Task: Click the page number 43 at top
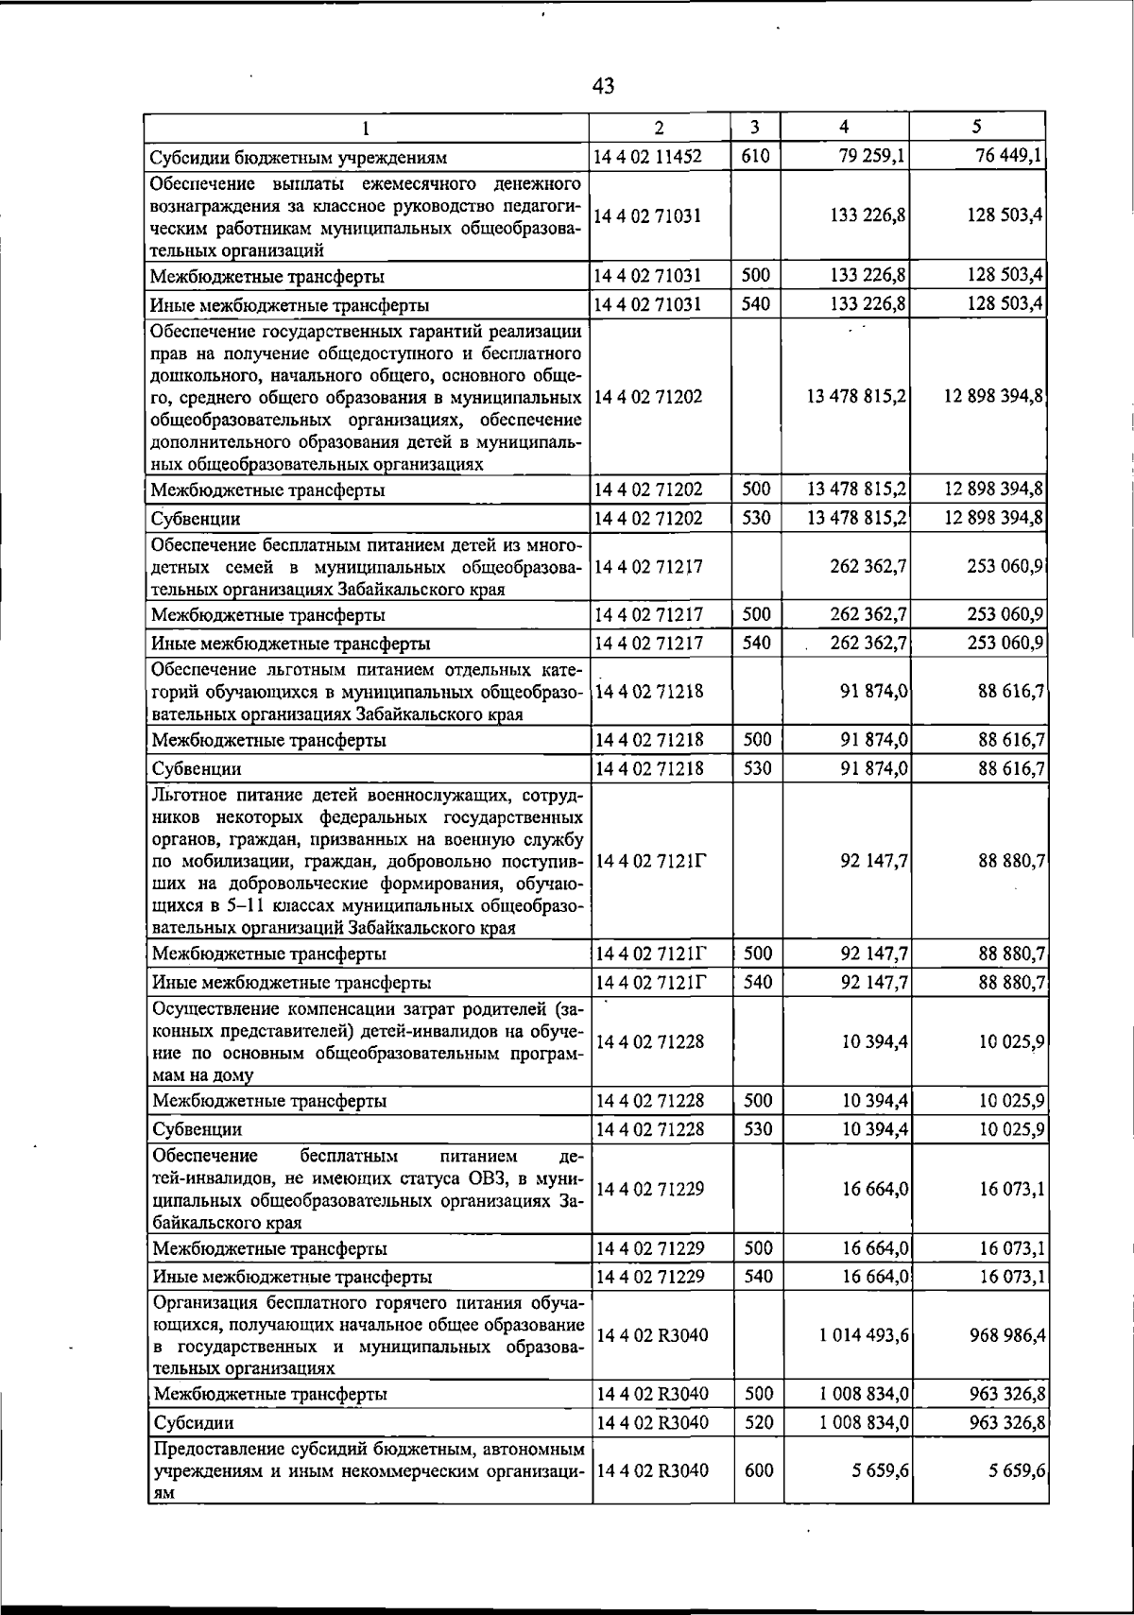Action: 603,87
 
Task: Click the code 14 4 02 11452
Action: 648,157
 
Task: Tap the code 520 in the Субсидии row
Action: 757,1421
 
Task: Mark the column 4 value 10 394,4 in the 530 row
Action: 875,1128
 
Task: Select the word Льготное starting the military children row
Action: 187,793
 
